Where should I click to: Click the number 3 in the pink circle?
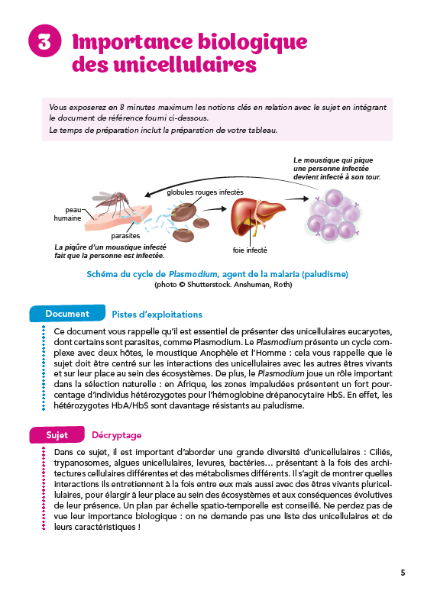coord(44,43)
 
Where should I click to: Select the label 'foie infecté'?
coord(250,250)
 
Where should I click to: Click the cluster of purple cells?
coord(329,215)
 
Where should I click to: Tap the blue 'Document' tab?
coord(67,314)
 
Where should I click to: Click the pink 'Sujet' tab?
coord(57,434)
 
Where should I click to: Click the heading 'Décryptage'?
coord(116,434)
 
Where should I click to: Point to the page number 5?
coord(403,573)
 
